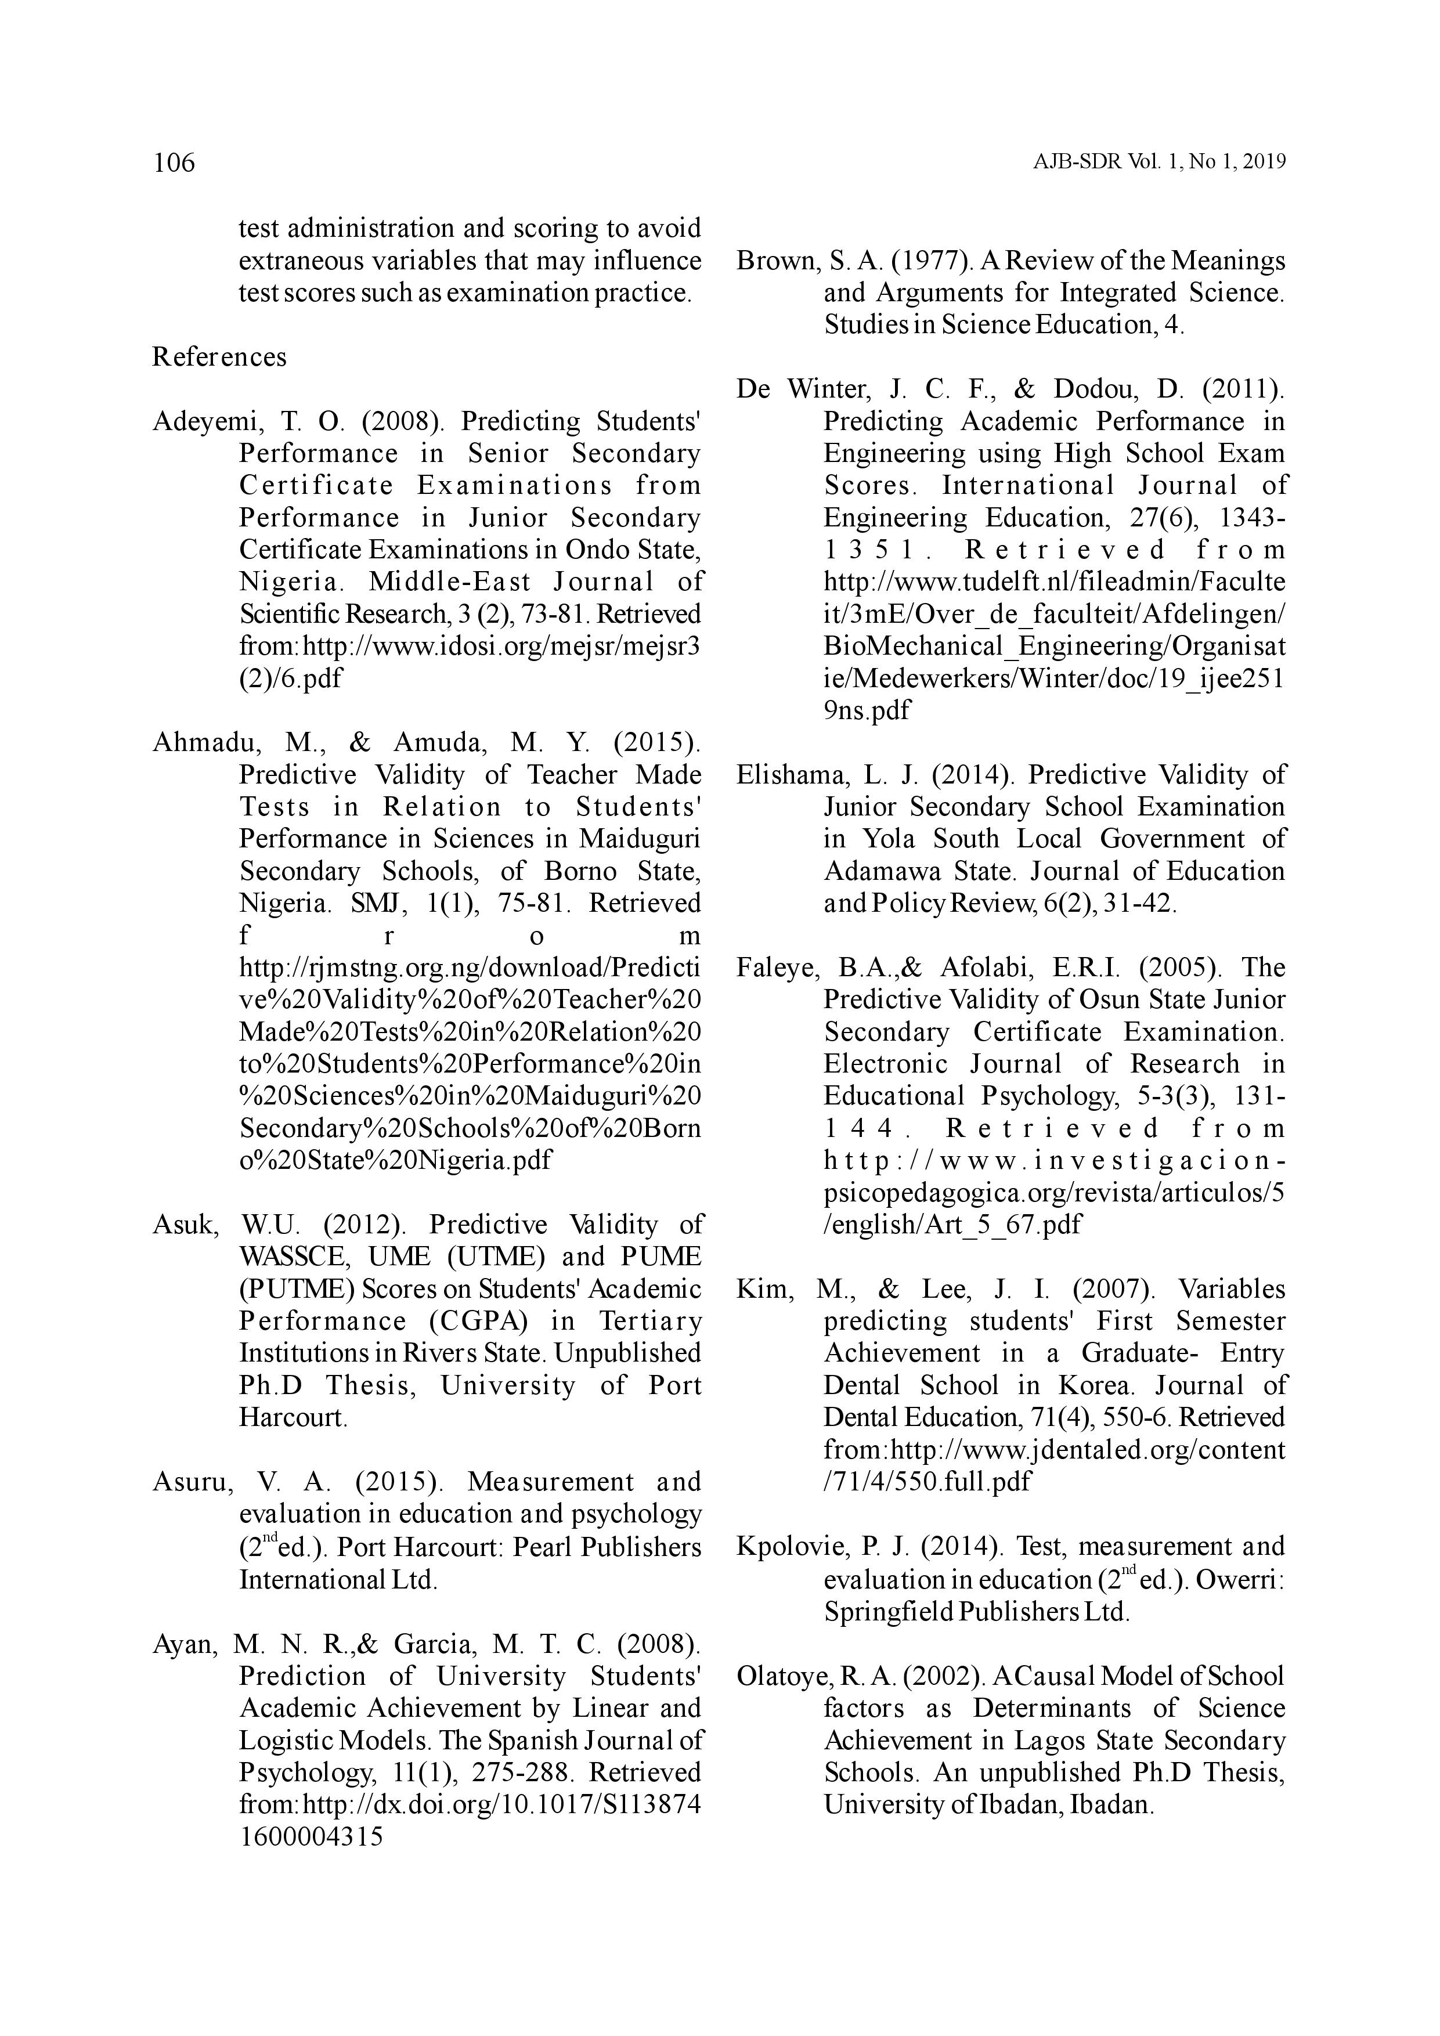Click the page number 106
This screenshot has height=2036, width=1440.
pos(174,163)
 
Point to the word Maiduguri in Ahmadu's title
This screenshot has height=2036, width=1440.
pos(639,839)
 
